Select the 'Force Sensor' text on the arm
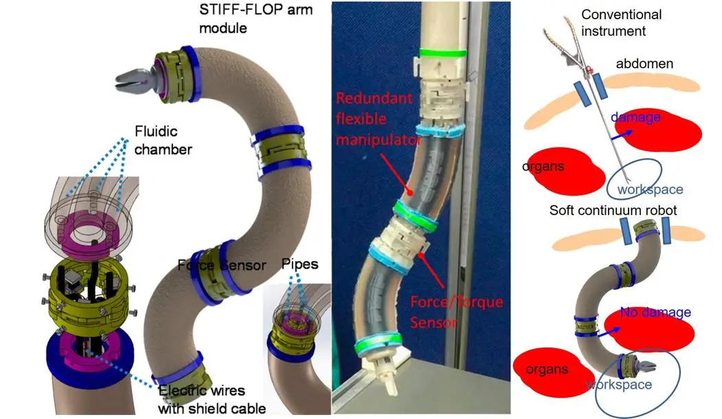pyautogui.click(x=222, y=265)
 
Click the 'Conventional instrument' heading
pyautogui.click(x=621, y=22)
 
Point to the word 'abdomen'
pyautogui.click(x=644, y=64)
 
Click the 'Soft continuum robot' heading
pyautogui.click(x=613, y=210)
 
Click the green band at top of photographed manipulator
pyautogui.click(x=440, y=52)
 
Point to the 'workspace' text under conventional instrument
pyautogui.click(x=649, y=190)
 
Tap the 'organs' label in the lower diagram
pyautogui.click(x=547, y=369)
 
